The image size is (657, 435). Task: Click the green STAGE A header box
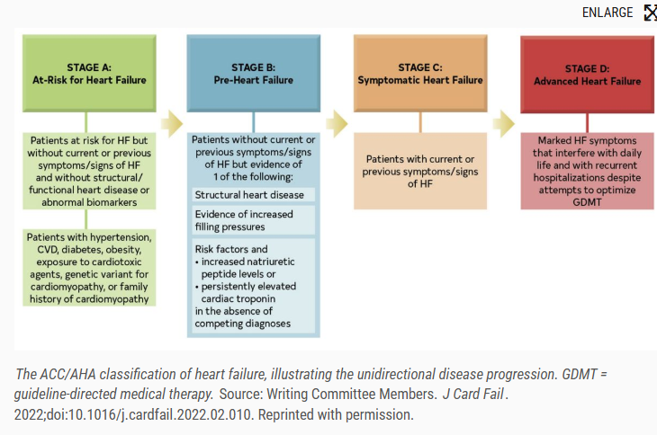89,73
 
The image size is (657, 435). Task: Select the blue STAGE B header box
254,73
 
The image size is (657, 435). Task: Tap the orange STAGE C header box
420,73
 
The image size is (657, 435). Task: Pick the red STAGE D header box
587,75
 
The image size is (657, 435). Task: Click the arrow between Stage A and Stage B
172,123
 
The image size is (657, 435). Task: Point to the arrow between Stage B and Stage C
337,123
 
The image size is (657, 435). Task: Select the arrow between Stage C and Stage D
504,123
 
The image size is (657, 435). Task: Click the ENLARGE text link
607,13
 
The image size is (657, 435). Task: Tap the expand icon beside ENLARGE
651,13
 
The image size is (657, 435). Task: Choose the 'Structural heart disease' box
254,195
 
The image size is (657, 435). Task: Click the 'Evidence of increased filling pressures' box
254,220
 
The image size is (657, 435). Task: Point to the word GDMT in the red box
587,202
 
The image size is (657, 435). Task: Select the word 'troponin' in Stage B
256,299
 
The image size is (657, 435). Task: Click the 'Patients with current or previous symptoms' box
420,171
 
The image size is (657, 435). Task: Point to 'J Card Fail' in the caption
473,394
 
